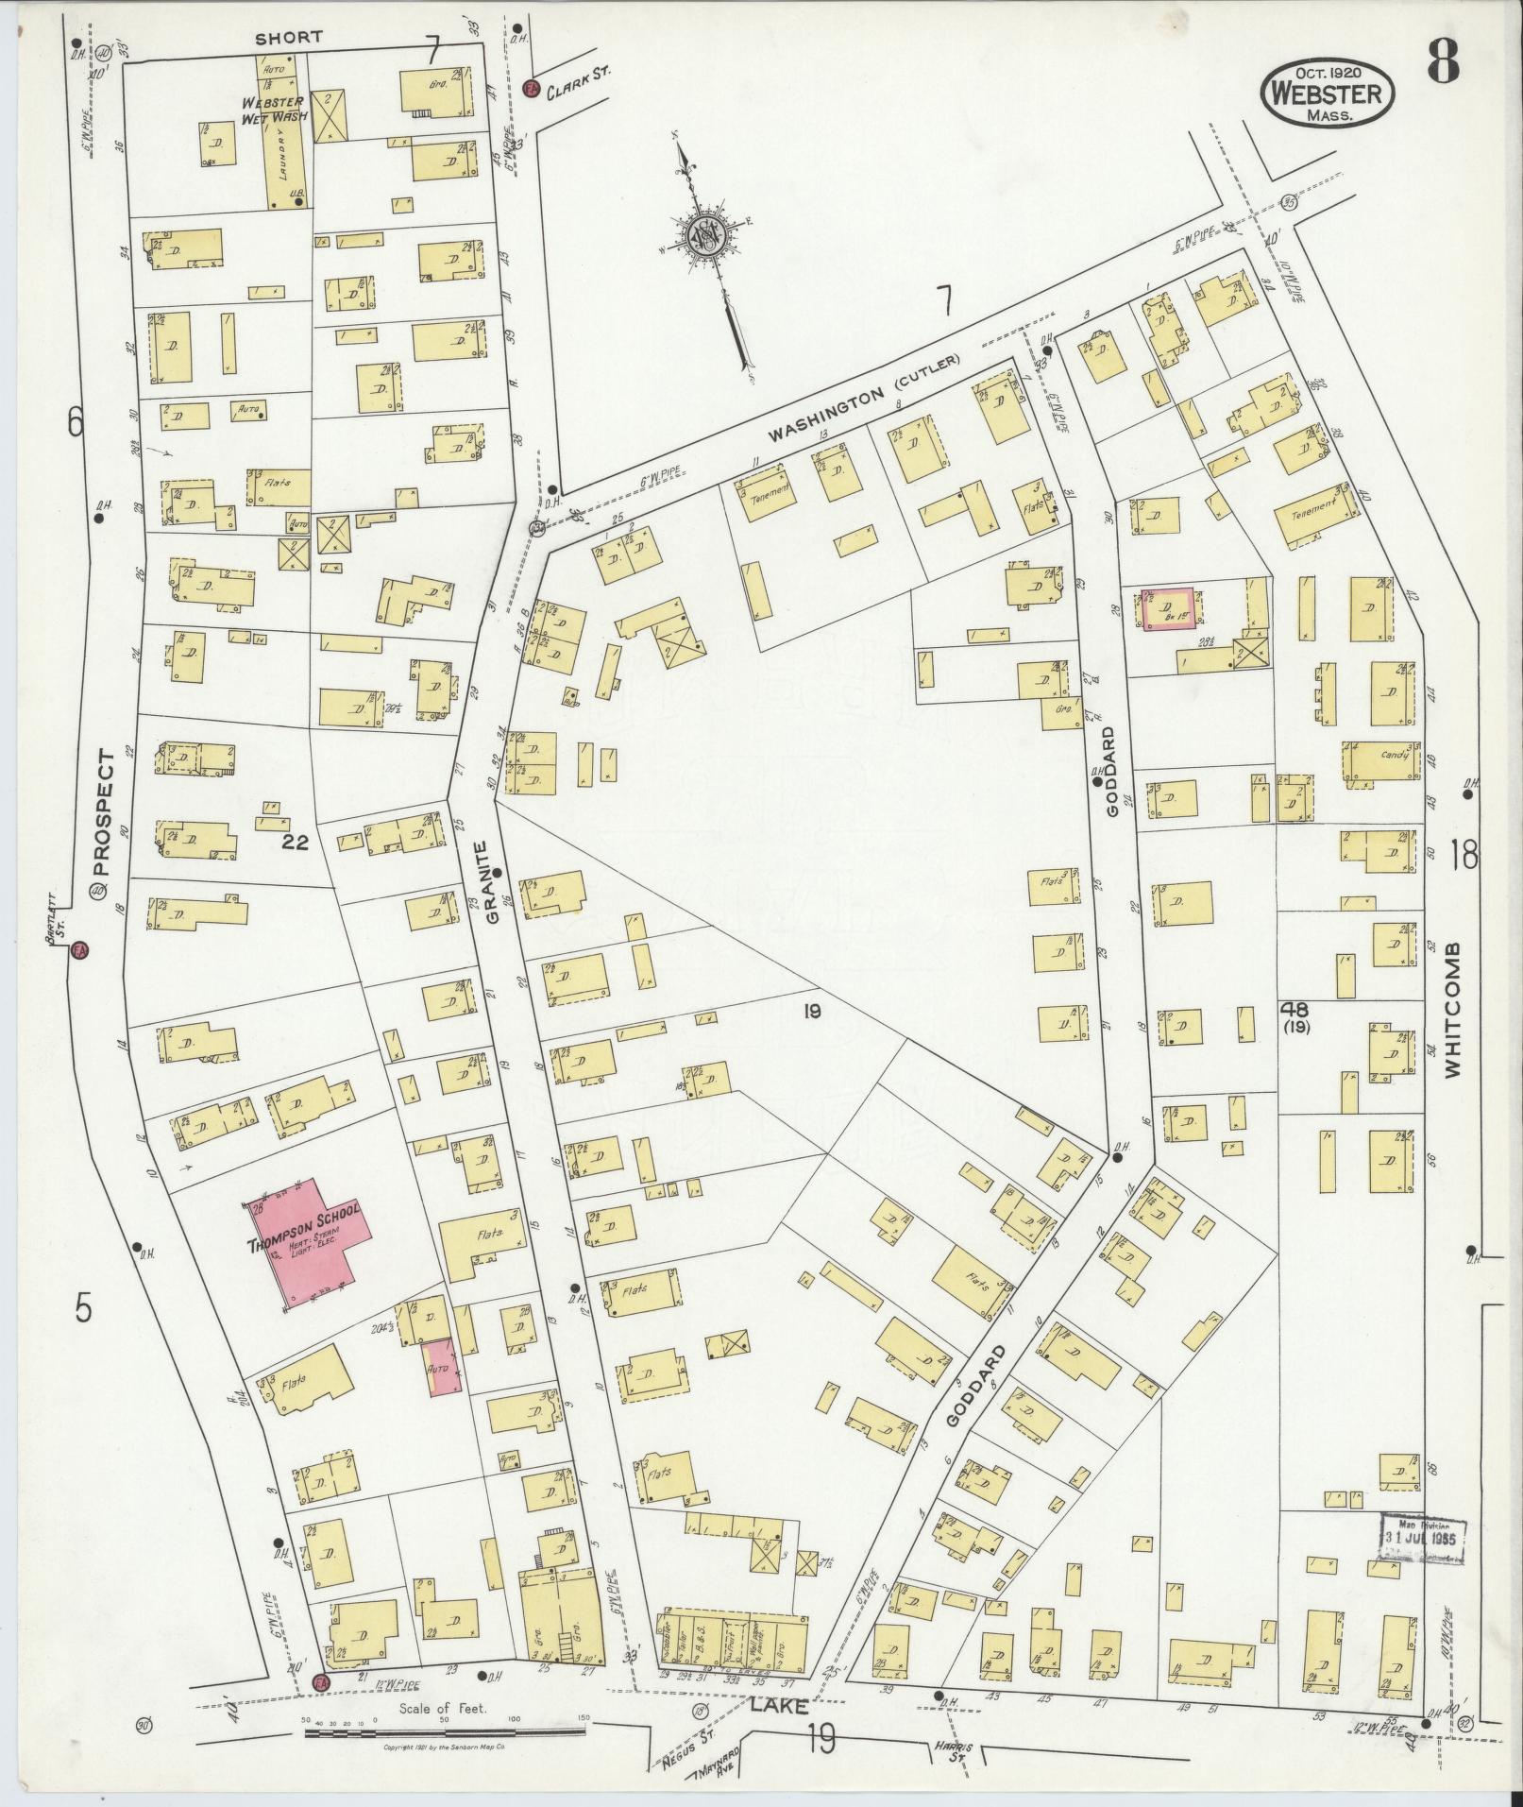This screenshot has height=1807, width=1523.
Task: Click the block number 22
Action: point(295,844)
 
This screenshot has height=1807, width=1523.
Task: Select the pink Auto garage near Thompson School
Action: point(441,1367)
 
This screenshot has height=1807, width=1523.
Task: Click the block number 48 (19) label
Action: point(1295,1016)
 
